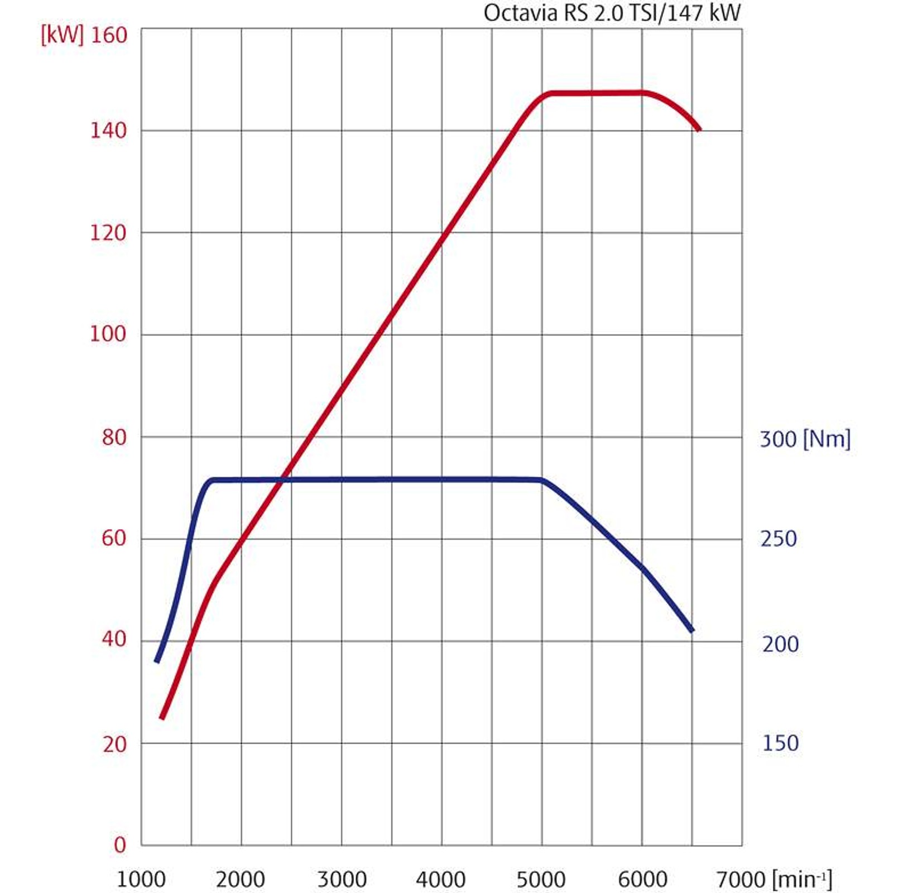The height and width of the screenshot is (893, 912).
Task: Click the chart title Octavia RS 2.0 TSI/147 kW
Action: (612, 13)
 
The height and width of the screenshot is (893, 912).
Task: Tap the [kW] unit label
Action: (61, 35)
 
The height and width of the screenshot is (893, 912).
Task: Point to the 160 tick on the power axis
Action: (109, 35)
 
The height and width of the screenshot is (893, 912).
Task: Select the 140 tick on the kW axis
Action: (108, 131)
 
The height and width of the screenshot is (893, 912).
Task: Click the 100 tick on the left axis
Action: (108, 334)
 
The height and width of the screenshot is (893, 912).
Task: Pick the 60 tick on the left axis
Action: (114, 538)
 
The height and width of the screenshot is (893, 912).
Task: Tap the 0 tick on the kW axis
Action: (120, 845)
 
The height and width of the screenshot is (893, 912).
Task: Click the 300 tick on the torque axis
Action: (778, 439)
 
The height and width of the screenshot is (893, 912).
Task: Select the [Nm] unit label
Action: (827, 439)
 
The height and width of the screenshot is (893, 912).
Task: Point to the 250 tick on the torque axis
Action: (779, 539)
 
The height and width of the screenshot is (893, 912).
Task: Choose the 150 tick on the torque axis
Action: (780, 743)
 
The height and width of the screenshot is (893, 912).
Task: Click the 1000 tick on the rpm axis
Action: (141, 880)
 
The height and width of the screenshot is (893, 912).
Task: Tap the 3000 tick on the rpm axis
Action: (342, 880)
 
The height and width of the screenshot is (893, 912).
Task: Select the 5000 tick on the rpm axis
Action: (541, 880)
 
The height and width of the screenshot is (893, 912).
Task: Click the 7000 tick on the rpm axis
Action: (741, 880)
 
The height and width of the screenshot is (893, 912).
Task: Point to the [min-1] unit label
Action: (802, 880)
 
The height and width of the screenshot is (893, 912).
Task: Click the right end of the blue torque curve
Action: (692, 631)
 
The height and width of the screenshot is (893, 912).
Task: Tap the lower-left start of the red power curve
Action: (162, 718)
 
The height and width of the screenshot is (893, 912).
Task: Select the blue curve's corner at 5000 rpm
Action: (542, 480)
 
